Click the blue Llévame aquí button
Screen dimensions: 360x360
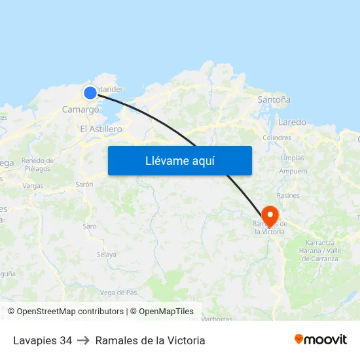click(x=179, y=160)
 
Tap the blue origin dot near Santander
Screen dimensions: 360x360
click(x=90, y=93)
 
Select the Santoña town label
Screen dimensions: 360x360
click(x=274, y=99)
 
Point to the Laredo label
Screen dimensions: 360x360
click(x=292, y=122)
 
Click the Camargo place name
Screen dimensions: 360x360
click(x=81, y=109)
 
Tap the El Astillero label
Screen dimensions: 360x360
click(x=101, y=129)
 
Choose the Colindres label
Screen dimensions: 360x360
click(x=276, y=137)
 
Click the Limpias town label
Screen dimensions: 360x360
click(x=292, y=158)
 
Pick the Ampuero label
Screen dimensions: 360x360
click(x=293, y=171)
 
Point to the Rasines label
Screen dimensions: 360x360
click(x=288, y=195)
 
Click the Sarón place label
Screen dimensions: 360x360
click(x=84, y=185)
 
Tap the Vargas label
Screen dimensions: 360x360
click(x=33, y=186)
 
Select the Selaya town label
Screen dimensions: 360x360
click(x=106, y=254)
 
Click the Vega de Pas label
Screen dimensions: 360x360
click(x=118, y=292)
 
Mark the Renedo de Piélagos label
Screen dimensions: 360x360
click(x=37, y=164)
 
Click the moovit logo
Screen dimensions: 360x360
click(x=320, y=339)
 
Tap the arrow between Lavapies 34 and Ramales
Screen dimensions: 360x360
click(x=83, y=340)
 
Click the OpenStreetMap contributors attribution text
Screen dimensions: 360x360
click(x=65, y=312)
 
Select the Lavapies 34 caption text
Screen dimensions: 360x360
click(x=43, y=340)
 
